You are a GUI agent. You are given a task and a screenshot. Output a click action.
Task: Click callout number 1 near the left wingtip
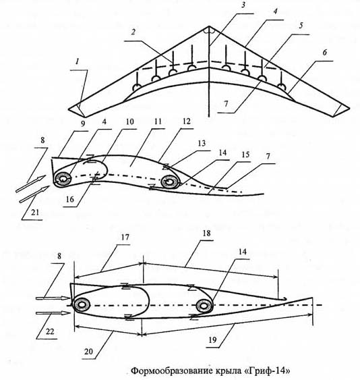[78, 62]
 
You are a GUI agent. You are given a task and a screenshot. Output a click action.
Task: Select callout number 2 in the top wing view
[133, 32]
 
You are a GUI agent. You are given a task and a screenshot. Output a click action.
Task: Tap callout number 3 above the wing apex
[243, 5]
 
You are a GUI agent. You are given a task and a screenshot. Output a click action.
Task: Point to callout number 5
[301, 26]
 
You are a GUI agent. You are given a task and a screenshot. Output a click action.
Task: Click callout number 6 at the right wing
[325, 52]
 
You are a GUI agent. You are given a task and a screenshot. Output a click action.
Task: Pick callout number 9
[83, 124]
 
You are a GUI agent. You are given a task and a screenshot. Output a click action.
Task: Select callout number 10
[130, 121]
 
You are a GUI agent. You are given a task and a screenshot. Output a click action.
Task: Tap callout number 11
[158, 121]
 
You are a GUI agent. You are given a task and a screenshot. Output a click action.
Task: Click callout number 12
[187, 121]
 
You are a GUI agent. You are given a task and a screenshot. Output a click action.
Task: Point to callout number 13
[202, 143]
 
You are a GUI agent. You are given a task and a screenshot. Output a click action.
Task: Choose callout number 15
[245, 155]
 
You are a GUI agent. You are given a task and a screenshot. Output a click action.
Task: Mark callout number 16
[70, 199]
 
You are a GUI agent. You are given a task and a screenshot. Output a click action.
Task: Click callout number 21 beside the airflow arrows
[35, 213]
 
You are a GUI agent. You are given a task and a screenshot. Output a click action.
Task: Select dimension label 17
[125, 237]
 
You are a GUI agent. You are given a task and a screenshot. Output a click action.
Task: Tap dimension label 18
[206, 233]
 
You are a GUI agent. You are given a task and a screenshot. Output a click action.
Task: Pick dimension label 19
[212, 340]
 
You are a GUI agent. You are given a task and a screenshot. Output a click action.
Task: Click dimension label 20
[88, 351]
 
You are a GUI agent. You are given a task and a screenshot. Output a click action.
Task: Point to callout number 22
[50, 331]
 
